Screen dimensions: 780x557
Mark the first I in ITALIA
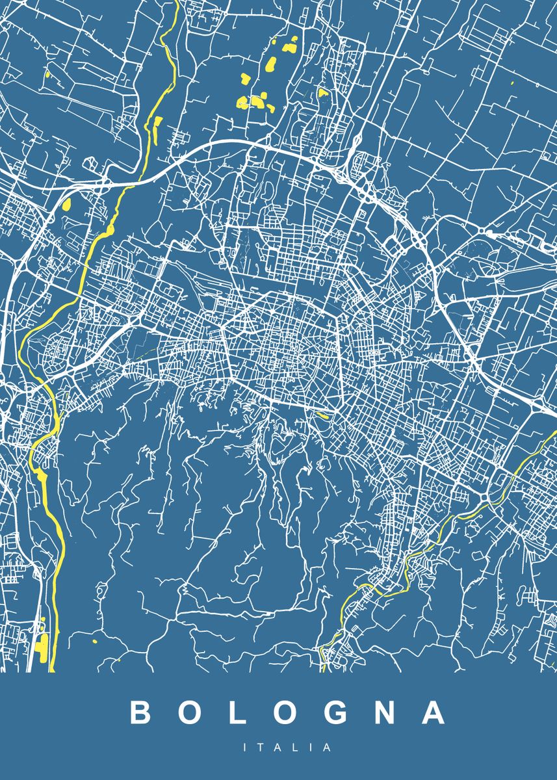tap(246, 748)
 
